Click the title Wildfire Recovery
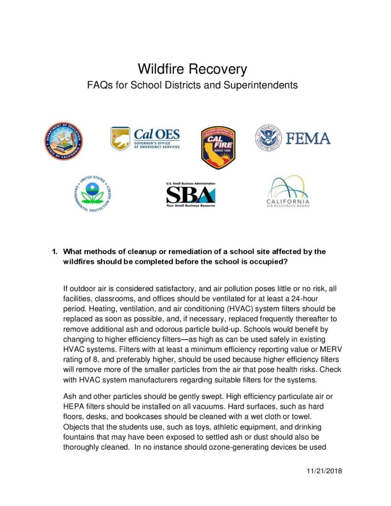coord(192,68)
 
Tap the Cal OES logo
coord(145,138)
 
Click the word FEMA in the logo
coord(308,138)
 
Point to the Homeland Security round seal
coord(270,138)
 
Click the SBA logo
coord(190,195)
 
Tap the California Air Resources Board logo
coord(289,193)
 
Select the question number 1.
coord(55,252)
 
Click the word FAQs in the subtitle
coord(101,85)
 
